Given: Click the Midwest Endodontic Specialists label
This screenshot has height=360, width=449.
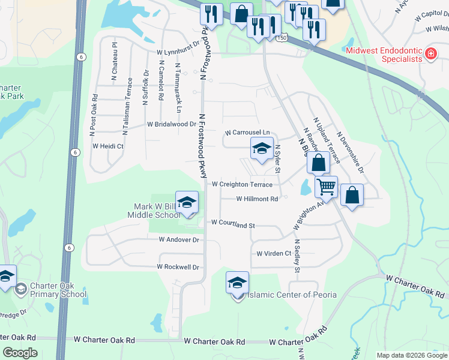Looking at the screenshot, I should click(384, 55).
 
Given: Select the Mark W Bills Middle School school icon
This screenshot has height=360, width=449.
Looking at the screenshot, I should click(187, 202).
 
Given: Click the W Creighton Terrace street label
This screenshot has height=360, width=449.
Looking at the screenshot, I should click(242, 185).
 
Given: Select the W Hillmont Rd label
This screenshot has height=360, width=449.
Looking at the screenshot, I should click(257, 199).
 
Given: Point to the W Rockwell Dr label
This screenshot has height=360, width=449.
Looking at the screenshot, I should click(178, 266).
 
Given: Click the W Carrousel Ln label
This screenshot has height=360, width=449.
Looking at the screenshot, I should click(247, 132).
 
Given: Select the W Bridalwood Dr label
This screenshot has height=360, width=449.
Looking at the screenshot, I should click(172, 124).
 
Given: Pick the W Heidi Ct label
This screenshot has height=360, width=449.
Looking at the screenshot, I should click(107, 146).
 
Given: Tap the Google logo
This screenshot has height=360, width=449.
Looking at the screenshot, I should click(20, 353).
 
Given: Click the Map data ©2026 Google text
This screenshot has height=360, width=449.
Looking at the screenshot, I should click(412, 355).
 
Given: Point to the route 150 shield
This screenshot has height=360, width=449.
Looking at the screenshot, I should click(281, 38).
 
